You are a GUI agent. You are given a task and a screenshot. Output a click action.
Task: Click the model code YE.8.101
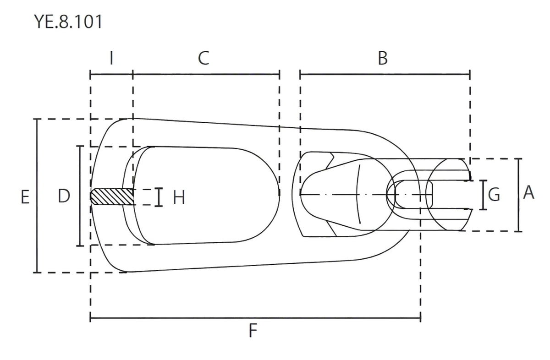tap(68, 22)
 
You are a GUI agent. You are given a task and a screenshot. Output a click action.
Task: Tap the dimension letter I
tap(112, 58)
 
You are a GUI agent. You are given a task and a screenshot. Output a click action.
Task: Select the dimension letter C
tap(203, 58)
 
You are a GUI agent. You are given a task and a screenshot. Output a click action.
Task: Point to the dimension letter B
tap(383, 58)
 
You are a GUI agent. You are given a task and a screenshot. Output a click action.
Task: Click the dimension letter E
tap(25, 197)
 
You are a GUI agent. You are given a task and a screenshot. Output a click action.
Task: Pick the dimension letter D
tap(64, 196)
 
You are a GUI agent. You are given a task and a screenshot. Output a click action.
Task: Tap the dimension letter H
tap(179, 197)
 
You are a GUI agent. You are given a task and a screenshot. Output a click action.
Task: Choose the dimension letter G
tap(494, 195)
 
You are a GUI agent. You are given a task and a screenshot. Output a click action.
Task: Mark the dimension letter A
tap(528, 192)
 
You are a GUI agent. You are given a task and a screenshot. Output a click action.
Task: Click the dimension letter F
tap(253, 331)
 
